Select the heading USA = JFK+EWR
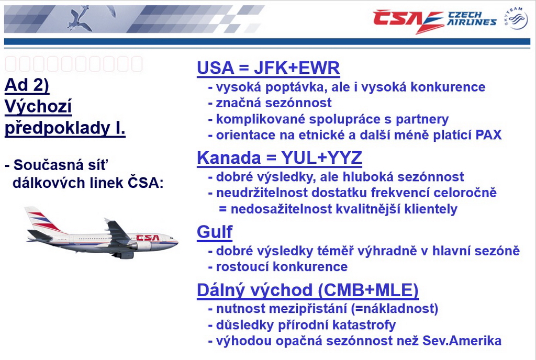point(269,67)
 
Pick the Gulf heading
point(215,233)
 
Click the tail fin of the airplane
point(40,219)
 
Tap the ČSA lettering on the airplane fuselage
point(148,238)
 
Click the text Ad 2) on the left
point(27,85)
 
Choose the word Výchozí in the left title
point(38,107)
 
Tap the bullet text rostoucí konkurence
point(282,266)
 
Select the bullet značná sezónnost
point(273,103)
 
